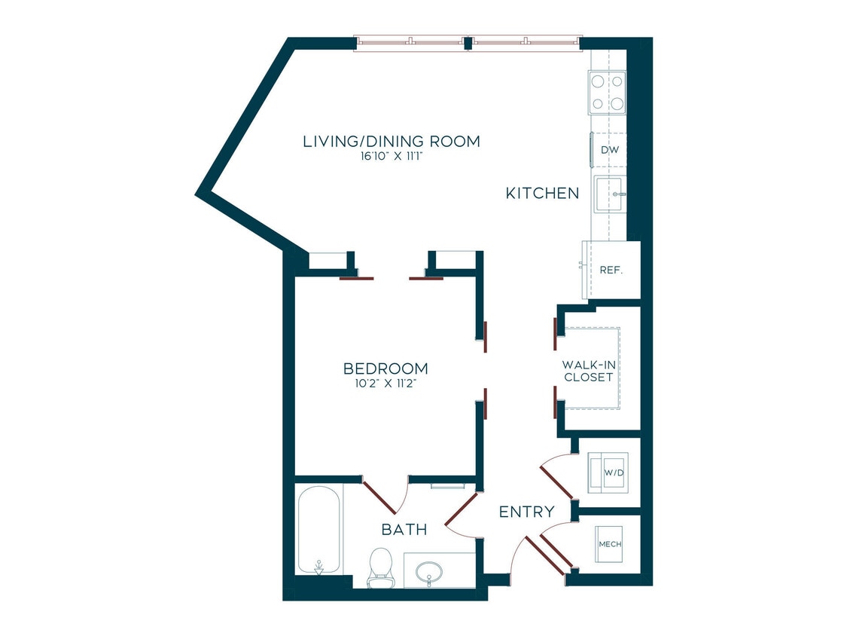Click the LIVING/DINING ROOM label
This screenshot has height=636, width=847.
391,141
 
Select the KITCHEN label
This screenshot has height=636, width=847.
542,194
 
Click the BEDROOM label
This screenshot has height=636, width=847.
385,368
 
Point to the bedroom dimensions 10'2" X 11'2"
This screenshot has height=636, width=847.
385,383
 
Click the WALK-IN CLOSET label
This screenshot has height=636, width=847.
587,371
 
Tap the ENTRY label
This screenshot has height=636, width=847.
527,512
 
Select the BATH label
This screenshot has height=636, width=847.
404,530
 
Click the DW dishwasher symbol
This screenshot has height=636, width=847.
609,150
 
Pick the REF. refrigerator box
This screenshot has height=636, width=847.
611,270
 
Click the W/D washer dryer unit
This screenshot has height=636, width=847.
608,472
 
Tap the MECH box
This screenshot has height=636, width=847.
609,544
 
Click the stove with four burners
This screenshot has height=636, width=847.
608,92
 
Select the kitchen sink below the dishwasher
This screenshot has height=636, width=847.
609,194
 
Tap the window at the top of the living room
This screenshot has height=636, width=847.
468,43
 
